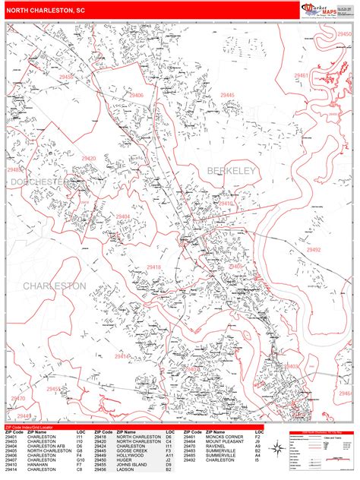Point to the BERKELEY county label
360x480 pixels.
point(231,172)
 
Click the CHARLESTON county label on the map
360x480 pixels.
point(54,286)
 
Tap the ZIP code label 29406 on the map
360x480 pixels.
point(137,95)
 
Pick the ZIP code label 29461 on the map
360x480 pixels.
point(302,76)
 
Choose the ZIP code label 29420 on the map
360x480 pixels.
point(89,159)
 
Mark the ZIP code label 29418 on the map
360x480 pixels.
point(154,267)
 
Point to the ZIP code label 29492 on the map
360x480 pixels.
point(314,249)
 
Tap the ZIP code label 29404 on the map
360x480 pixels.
point(123,216)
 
